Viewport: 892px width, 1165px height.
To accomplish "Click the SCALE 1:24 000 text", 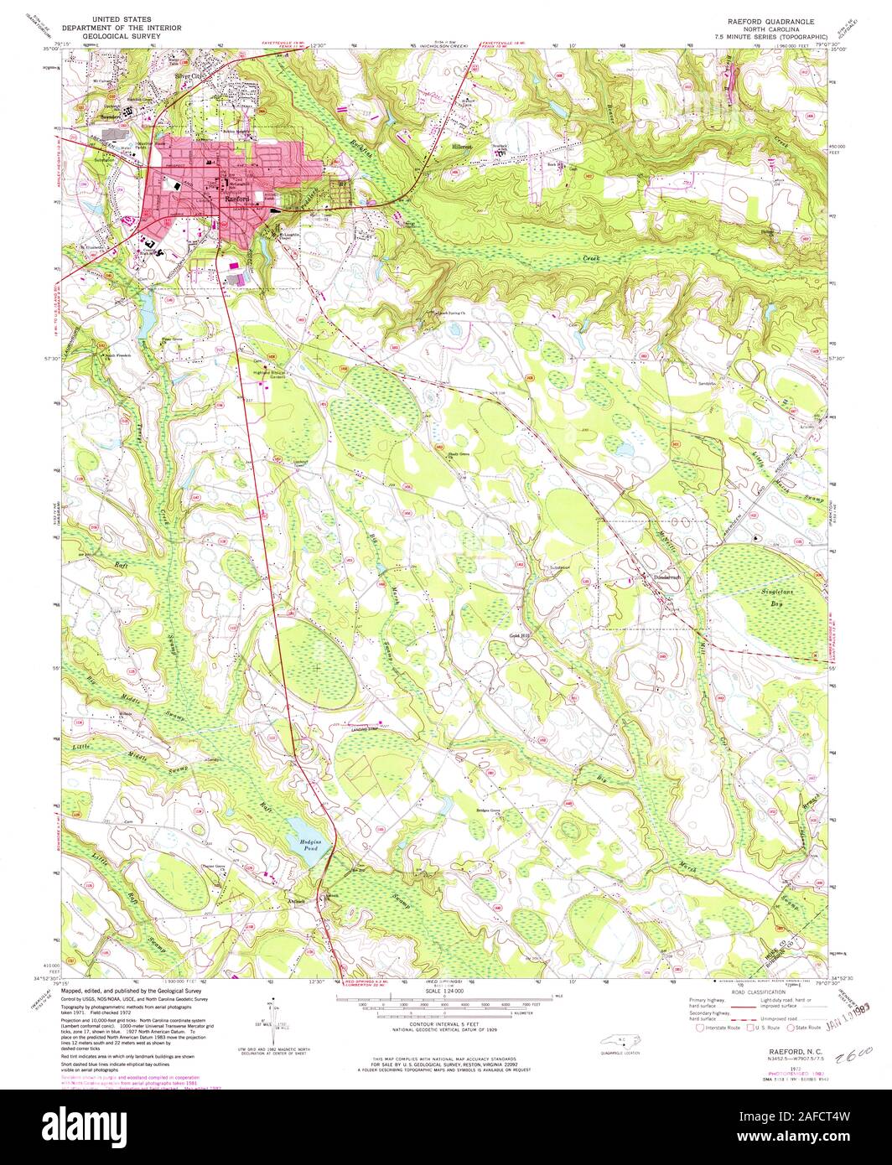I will point(445,992).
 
